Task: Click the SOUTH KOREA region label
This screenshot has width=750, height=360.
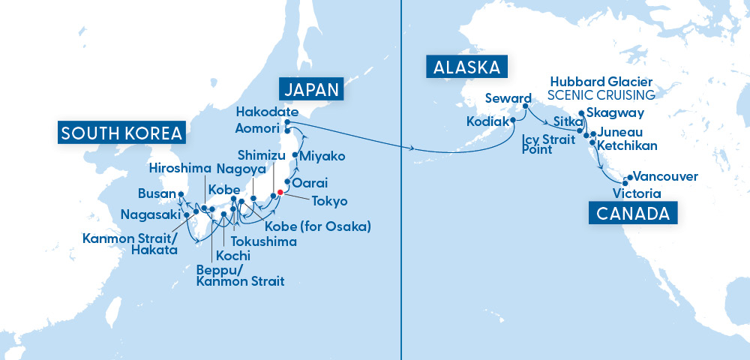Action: click(x=122, y=133)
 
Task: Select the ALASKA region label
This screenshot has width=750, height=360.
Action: click(x=465, y=67)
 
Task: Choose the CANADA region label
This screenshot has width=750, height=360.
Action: click(x=632, y=214)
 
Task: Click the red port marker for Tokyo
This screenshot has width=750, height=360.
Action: click(x=280, y=192)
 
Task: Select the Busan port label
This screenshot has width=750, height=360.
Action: click(x=157, y=193)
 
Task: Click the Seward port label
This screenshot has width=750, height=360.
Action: click(x=508, y=98)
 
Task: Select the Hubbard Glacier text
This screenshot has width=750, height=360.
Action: click(x=601, y=81)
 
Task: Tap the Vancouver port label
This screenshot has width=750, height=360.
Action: click(x=666, y=177)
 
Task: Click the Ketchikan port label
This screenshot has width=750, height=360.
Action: click(x=627, y=145)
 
